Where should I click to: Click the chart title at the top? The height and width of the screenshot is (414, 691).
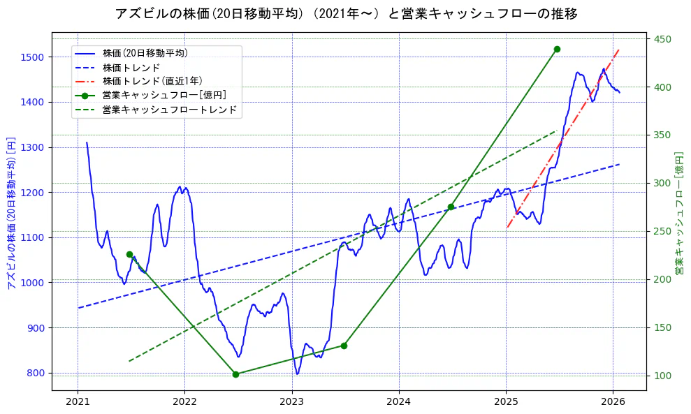tap(346, 13)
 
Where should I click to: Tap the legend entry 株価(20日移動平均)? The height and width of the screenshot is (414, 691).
tap(145, 52)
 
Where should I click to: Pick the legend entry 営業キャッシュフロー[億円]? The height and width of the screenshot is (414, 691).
tap(163, 95)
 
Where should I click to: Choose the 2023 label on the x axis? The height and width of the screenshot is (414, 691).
tap(291, 401)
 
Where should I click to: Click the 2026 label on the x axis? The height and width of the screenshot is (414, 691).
tap(613, 401)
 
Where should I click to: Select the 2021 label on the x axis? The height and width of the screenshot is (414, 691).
tap(78, 401)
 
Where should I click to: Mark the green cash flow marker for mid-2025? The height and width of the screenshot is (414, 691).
tap(557, 49)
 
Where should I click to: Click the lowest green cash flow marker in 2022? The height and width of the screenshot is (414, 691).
tap(235, 374)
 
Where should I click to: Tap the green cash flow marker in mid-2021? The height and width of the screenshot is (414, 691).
tap(129, 254)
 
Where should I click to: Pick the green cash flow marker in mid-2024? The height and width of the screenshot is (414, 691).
tap(451, 207)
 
